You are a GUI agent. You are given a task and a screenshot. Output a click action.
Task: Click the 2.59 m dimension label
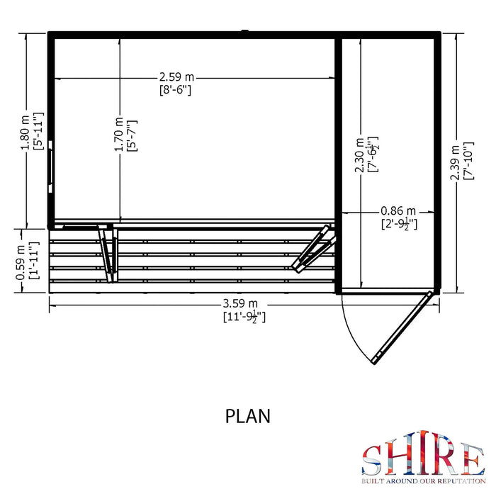[176, 77]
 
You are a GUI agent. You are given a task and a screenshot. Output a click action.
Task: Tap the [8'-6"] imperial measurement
[175, 90]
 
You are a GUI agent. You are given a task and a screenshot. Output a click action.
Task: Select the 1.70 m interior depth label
[119, 135]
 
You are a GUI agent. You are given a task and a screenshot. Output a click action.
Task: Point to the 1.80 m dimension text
[26, 133]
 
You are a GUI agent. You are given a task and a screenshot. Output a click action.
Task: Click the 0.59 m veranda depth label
[21, 263]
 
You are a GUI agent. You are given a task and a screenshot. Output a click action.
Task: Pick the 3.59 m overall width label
[240, 304]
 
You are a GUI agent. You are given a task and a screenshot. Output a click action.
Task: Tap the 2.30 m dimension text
[359, 155]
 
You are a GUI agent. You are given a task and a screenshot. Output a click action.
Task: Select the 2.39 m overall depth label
[455, 162]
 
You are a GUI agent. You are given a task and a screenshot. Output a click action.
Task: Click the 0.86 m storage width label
[398, 210]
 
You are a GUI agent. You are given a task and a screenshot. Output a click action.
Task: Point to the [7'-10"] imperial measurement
[468, 161]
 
